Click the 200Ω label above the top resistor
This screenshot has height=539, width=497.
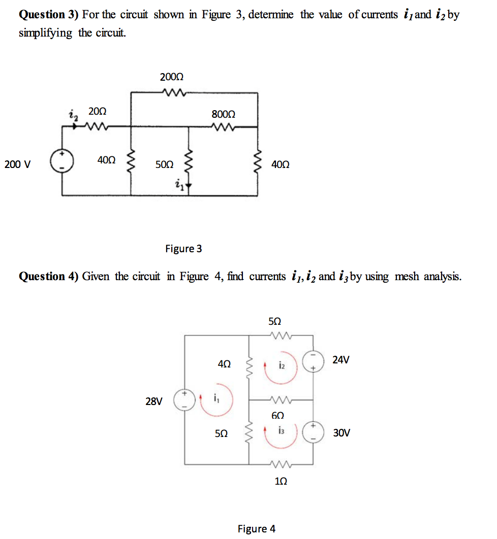pos(172,77)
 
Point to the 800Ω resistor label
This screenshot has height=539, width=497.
pos(223,115)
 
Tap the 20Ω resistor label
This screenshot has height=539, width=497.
pos(97,111)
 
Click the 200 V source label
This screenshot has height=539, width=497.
pos(17,164)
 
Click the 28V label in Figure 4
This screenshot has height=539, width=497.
pos(154,401)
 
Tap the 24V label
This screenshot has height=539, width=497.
pos(340,360)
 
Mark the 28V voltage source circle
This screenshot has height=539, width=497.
pos(184,400)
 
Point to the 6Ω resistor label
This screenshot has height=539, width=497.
pos(277,415)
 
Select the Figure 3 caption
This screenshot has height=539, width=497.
pos(183,249)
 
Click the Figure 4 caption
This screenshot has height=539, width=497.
pos(257,529)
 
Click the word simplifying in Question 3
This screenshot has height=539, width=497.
pos(46,33)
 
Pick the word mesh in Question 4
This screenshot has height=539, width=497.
pos(406,277)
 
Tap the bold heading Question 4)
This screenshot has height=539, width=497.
pos(49,277)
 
